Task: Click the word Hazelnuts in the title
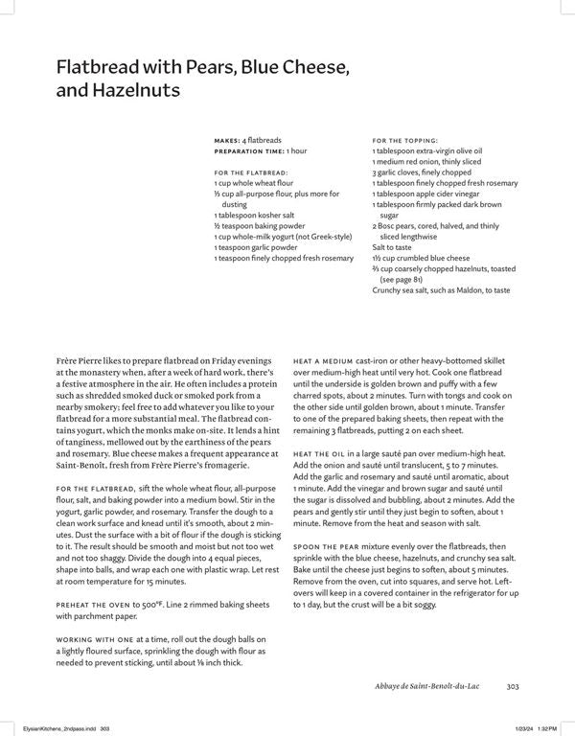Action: (x=132, y=91)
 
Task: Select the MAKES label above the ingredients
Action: (x=227, y=140)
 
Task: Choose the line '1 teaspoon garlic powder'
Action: (x=258, y=247)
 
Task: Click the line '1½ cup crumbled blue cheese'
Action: (x=423, y=258)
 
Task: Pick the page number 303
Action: (x=513, y=684)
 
